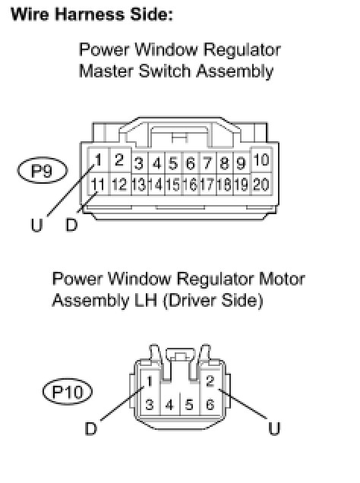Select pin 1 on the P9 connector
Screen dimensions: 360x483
point(98,160)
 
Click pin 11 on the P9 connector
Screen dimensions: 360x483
point(98,185)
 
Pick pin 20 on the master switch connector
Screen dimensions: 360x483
point(261,185)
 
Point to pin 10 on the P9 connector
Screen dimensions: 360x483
point(261,160)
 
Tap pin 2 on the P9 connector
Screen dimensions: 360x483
point(119,160)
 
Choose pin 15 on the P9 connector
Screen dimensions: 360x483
point(173,185)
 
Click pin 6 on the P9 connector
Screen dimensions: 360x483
point(191,163)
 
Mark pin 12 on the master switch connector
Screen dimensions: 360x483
point(119,185)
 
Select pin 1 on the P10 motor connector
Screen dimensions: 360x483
point(150,381)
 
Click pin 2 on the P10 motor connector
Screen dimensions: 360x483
point(210,381)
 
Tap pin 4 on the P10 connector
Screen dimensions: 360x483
point(169,405)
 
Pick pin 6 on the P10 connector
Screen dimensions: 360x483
point(210,405)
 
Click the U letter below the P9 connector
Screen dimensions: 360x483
point(36,225)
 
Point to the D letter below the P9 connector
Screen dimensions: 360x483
point(71,225)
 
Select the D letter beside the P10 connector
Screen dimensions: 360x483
point(91,428)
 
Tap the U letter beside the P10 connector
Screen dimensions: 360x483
point(274,428)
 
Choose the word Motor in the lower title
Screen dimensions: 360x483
point(282,279)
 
